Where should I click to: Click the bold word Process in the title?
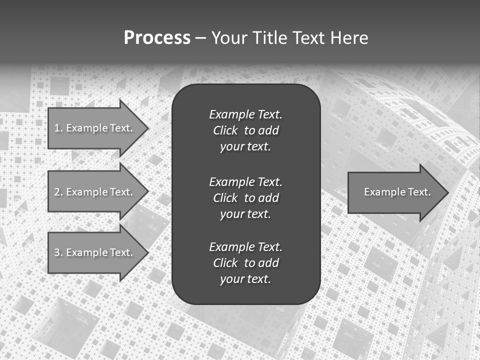pos(157,38)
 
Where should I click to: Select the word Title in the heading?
pos(270,38)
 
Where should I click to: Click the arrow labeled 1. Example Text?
pos(93,128)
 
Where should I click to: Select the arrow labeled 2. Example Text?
pos(93,192)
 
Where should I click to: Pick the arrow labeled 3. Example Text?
pos(93,252)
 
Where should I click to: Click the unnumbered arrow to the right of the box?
pos(395,192)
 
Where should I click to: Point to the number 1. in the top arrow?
pos(58,128)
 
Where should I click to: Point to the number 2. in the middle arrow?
pos(58,192)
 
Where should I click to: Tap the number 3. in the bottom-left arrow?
pos(58,252)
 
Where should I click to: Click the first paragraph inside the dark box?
pos(245,130)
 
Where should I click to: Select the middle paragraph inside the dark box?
pos(245,198)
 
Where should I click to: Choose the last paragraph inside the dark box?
pos(245,263)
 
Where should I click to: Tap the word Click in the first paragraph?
pos(225,130)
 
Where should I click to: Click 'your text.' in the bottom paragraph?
pos(245,279)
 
